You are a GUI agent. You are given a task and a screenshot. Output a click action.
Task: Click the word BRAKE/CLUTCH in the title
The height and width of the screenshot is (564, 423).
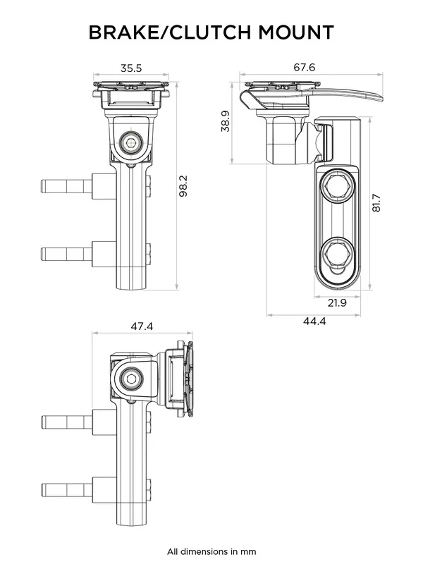point(168,32)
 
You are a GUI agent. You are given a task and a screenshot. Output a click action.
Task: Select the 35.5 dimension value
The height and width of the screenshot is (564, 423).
point(130,68)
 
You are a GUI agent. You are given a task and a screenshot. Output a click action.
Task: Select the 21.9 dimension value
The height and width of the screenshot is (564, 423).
point(338,303)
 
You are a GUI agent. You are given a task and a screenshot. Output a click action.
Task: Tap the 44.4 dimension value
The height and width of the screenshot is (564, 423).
point(314,321)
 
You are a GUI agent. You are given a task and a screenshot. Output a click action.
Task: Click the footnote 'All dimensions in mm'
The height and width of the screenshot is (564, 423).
point(211,551)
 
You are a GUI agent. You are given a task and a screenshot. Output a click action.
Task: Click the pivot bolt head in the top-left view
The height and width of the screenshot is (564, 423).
point(130,143)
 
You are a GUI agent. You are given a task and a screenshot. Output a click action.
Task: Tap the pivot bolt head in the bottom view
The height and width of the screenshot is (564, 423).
point(130,380)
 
